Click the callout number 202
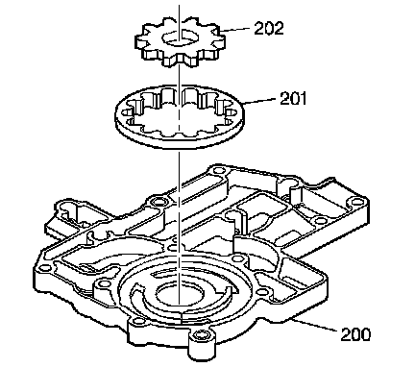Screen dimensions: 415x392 pyautogui.click(x=269, y=28)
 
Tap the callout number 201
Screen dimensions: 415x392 pyautogui.click(x=293, y=98)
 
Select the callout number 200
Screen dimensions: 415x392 pyautogui.click(x=355, y=334)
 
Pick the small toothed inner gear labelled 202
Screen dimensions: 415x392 pyautogui.click(x=180, y=41)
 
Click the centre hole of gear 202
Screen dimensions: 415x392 pyautogui.click(x=180, y=37)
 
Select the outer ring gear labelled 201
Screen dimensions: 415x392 pyautogui.click(x=180, y=117)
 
